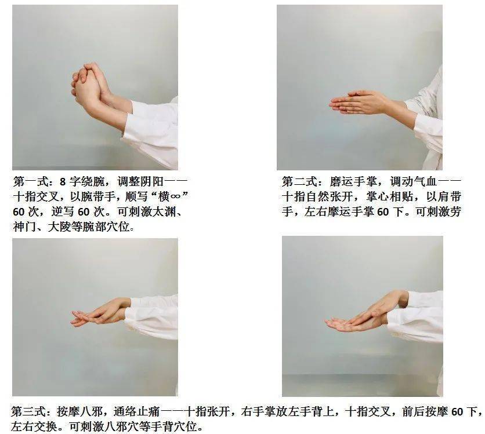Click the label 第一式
pos(31,181)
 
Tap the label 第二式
pos(299,181)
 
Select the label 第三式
pos(29,411)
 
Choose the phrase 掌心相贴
pos(389,196)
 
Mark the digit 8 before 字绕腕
pos(63,181)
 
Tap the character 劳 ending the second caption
pos(455,211)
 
